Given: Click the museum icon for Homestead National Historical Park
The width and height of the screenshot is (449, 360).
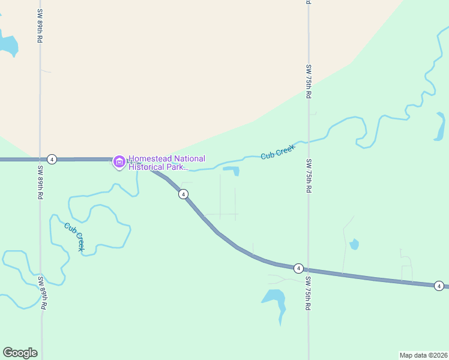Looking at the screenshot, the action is click(119, 161).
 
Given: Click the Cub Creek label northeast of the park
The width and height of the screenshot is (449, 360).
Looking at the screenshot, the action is click(279, 152).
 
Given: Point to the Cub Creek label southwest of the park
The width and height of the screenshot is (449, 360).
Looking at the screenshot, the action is click(74, 236).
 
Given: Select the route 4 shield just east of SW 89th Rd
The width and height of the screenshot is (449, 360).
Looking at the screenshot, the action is click(52, 159).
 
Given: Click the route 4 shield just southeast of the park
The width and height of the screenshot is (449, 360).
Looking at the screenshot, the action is click(183, 194).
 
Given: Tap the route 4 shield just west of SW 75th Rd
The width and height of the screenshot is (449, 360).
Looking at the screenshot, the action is click(298, 268).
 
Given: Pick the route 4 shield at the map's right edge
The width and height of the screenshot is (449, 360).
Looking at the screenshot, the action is click(439, 286).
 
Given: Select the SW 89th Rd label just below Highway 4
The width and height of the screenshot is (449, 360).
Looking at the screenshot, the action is click(41, 182).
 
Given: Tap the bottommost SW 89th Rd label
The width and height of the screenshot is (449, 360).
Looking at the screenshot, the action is click(41, 292).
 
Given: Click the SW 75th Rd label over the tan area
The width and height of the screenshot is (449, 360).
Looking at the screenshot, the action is click(309, 81).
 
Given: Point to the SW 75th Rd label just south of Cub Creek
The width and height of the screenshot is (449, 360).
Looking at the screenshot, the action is click(309, 176).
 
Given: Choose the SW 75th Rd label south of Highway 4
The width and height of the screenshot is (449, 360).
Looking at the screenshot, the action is click(309, 293).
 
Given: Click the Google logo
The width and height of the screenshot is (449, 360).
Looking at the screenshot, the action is click(20, 353).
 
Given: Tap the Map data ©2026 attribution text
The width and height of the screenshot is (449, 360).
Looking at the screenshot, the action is click(423, 355).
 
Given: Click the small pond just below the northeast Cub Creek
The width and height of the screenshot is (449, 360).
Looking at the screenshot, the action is click(232, 170).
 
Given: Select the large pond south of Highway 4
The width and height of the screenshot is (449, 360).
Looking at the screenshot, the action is click(274, 298).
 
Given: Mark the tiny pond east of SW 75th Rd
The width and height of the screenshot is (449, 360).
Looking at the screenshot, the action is click(354, 244).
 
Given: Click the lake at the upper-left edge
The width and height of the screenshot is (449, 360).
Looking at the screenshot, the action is click(7, 43).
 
